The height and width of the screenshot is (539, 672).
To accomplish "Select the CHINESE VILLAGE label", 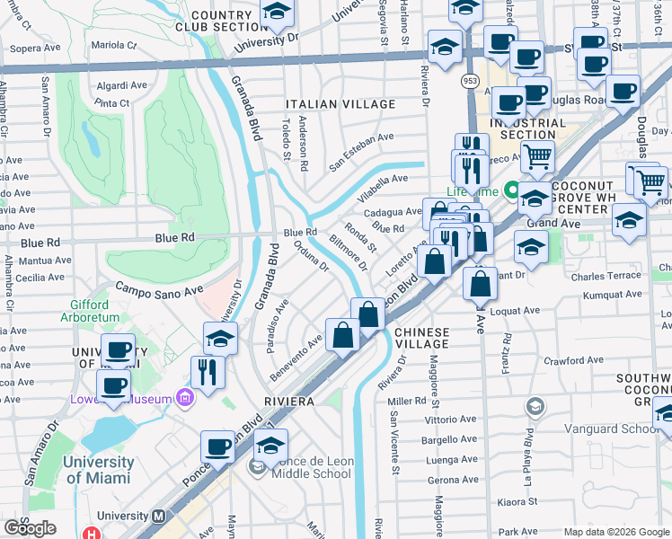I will (x=422, y=338).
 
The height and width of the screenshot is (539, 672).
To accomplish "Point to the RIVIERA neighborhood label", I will (x=287, y=400).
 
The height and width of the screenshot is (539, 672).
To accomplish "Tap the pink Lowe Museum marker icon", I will (x=185, y=397).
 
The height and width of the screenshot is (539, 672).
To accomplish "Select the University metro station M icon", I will (x=159, y=517).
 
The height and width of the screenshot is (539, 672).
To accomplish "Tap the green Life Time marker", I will (x=510, y=190).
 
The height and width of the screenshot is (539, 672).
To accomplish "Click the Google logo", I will (x=30, y=528).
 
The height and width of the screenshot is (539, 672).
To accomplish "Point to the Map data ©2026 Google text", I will (x=616, y=532).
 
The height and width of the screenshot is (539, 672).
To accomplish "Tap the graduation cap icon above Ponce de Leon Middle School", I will (x=270, y=445).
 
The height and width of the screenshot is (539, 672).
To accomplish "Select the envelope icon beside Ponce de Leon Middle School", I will (x=258, y=466).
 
